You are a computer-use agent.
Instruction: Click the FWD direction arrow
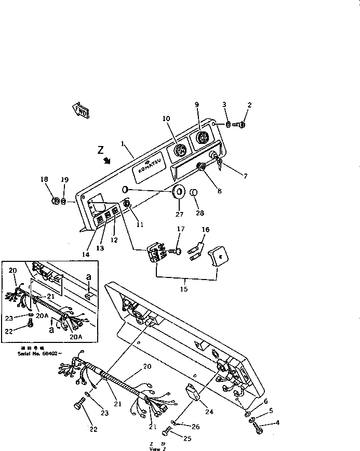81,110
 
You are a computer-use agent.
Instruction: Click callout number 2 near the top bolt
249,105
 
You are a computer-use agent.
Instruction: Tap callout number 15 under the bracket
184,289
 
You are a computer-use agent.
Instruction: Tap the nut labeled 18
55,202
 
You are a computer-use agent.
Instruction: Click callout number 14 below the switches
85,255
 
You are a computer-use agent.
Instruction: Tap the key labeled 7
220,166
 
